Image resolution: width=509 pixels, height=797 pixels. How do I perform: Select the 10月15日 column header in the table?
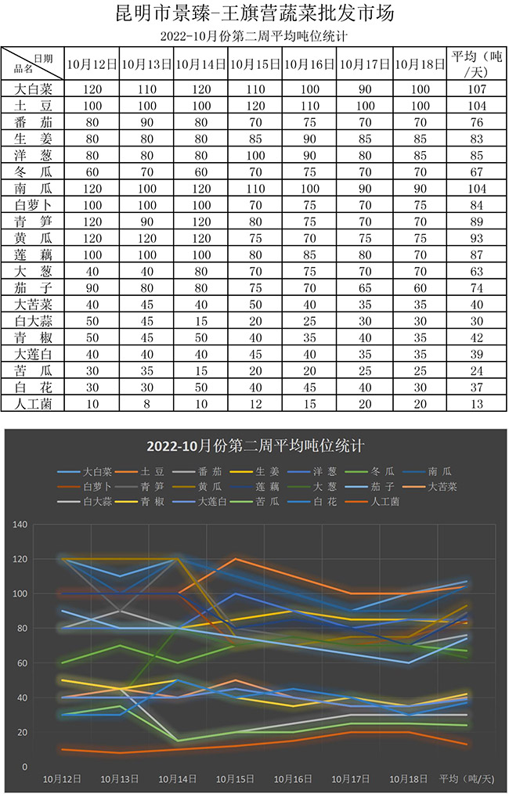tap(255, 65)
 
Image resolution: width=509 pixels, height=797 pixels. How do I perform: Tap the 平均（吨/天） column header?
tap(476, 65)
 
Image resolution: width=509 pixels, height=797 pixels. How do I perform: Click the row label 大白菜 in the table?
tap(33, 88)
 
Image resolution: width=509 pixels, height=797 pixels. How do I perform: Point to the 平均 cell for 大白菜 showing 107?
tap(476, 88)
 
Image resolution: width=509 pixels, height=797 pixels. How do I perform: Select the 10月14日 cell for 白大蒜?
tap(200, 320)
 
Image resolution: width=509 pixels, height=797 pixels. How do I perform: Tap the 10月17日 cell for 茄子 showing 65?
tap(365, 287)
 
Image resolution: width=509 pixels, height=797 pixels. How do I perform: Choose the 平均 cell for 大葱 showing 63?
tap(476, 271)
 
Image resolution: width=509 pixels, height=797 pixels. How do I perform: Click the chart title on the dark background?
tap(255, 446)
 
